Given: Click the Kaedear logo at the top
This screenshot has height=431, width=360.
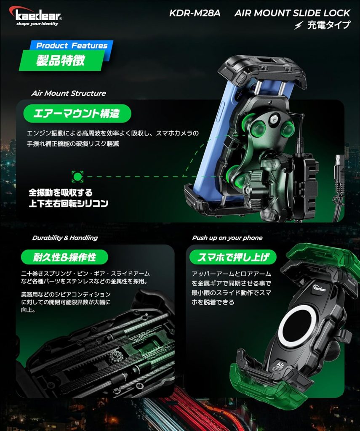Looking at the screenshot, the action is [x=35, y=16].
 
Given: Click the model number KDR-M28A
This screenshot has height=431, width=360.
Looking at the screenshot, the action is [x=195, y=13].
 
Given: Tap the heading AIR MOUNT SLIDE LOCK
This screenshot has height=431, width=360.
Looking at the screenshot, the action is [x=292, y=13].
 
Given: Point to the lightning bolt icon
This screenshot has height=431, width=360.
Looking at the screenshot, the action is [x=299, y=25].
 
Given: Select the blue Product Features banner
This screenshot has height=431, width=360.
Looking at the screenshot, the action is [x=72, y=45].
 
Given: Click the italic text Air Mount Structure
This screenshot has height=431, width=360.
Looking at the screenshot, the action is [x=69, y=93].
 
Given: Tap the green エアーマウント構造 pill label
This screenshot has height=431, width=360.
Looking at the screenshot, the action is [x=77, y=113].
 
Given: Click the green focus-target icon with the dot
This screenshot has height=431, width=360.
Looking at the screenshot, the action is [x=77, y=176].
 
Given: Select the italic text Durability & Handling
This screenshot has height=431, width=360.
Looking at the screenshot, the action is [x=65, y=238].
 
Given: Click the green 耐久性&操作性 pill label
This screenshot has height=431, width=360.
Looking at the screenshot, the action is [x=64, y=257].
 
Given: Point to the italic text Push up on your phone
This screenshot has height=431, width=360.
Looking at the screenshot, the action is [x=227, y=238].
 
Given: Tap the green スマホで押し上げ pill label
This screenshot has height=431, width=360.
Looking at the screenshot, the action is [x=233, y=257].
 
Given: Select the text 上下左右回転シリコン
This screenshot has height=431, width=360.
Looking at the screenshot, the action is [x=69, y=203].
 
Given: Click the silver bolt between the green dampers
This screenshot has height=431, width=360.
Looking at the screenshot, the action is [x=274, y=119].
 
